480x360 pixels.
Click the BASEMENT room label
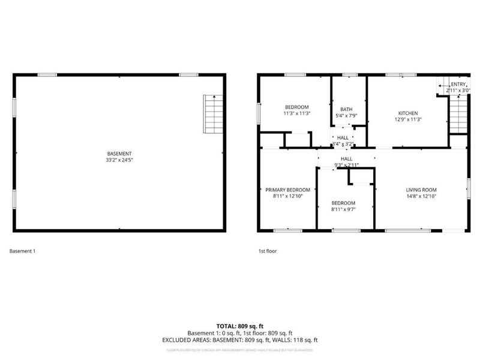119,154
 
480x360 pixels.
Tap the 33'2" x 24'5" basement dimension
119,160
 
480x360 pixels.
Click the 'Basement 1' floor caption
23,251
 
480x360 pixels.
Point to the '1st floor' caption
267,251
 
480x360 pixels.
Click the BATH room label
347,109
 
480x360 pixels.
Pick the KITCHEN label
408,113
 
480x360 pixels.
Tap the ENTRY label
458,84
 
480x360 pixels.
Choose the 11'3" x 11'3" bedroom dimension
296,113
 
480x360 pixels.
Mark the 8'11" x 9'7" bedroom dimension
343,209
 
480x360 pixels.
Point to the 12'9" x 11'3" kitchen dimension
408,119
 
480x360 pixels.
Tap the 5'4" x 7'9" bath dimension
347,115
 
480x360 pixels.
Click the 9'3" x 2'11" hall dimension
347,164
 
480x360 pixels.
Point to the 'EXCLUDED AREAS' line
239,340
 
